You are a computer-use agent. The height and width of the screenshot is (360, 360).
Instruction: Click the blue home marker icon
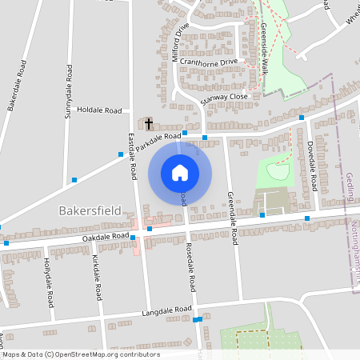point(180,171)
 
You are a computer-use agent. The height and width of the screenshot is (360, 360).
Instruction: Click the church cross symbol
point(149,123)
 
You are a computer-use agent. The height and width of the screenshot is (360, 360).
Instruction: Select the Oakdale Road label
point(105,238)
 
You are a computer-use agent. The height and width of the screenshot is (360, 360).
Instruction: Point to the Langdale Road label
point(167,310)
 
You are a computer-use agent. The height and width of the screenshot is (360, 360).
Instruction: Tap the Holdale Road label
point(100,110)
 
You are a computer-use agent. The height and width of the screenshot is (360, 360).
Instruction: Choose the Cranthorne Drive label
point(209,61)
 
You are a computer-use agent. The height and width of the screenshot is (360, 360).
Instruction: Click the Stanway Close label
point(226,96)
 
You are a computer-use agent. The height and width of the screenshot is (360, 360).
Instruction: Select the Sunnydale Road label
point(70,90)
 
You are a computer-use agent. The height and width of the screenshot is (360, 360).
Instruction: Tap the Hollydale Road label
point(49,283)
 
